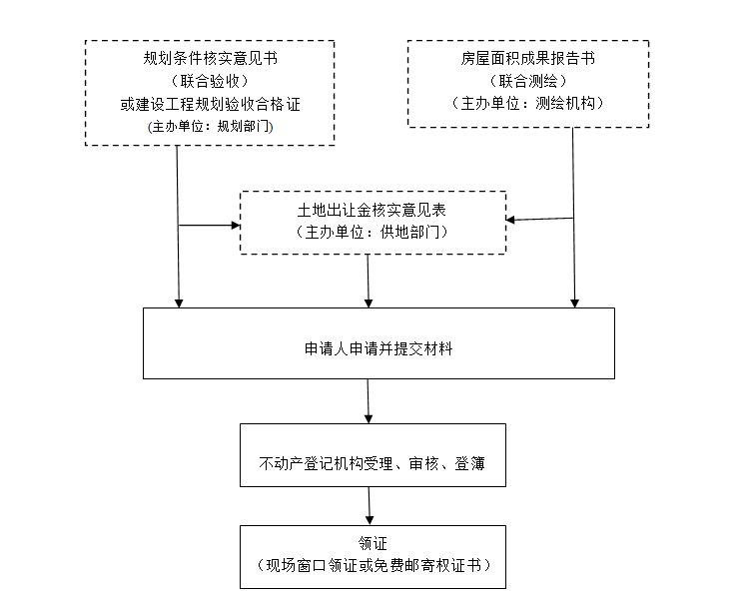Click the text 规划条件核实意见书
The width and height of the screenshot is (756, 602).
pos(210,58)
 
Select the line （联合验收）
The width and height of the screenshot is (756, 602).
pos(210,81)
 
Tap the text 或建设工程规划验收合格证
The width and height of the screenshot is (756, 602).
pos(210,104)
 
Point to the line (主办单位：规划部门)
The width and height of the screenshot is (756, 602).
pos(210,126)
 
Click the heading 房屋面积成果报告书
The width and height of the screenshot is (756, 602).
pos(528,58)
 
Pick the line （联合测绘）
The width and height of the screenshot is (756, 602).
pos(528,81)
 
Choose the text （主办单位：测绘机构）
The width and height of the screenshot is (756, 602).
pos(528,103)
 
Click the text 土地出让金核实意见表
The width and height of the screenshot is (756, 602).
pos(372,210)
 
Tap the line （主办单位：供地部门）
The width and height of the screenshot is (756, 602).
pos(372,233)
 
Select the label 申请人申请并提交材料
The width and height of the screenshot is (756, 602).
pos(378,348)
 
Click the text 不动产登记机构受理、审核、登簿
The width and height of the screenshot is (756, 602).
pos(372,463)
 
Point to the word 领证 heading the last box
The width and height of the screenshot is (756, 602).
pos(373,543)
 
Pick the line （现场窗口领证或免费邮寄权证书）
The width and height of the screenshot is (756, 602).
pos(373,565)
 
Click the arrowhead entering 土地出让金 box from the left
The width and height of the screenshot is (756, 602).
pos(236,225)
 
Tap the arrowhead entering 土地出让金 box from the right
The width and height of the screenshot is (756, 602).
pos(510,220)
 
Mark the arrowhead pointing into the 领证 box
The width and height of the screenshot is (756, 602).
pos(370,521)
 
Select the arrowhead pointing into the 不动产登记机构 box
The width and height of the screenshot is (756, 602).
pos(369,419)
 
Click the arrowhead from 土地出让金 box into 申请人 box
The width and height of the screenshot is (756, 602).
pos(369,303)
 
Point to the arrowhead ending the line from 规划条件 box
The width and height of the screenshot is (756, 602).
pos(179,303)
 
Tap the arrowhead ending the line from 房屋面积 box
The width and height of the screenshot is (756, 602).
pos(574,303)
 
